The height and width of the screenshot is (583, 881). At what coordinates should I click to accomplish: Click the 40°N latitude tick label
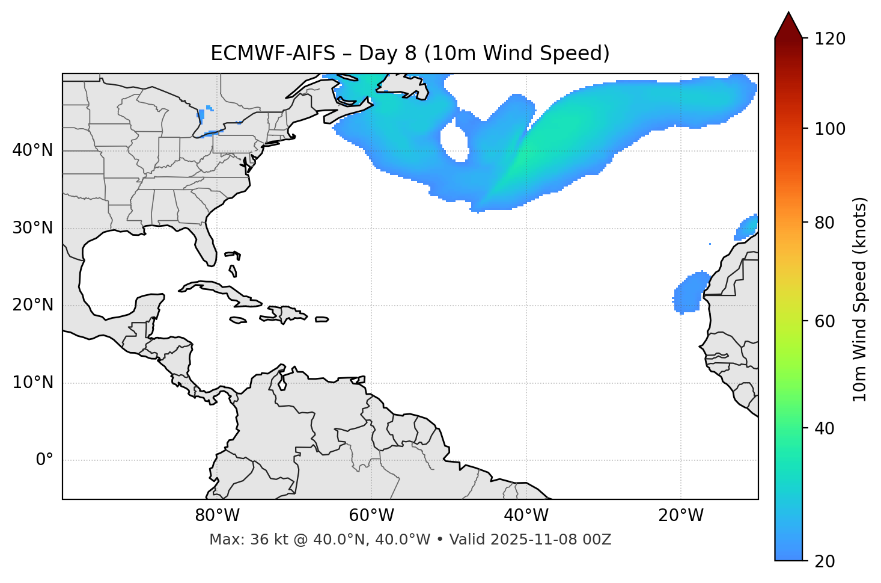click(32, 150)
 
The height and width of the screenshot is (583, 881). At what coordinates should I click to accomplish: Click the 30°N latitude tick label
click(32, 228)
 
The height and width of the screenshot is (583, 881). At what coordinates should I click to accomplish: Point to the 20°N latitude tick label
click(32, 305)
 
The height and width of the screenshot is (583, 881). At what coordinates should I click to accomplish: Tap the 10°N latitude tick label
click(32, 383)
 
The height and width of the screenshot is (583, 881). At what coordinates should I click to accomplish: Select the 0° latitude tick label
click(44, 460)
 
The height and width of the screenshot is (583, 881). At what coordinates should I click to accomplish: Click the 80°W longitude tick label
click(217, 516)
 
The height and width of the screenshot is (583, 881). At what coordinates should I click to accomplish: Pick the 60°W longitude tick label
click(371, 516)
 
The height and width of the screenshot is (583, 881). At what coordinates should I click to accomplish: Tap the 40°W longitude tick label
click(526, 516)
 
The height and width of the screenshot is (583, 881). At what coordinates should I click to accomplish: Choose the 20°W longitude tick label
click(680, 516)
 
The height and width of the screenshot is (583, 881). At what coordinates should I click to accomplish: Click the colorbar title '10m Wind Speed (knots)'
click(860, 300)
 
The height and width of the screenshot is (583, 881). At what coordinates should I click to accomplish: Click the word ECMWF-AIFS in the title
click(273, 54)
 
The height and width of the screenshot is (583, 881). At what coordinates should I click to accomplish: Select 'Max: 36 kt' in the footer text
click(239, 540)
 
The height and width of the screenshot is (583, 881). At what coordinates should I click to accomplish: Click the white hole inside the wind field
click(455, 140)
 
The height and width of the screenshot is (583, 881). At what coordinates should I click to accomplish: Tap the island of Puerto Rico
click(322, 319)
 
